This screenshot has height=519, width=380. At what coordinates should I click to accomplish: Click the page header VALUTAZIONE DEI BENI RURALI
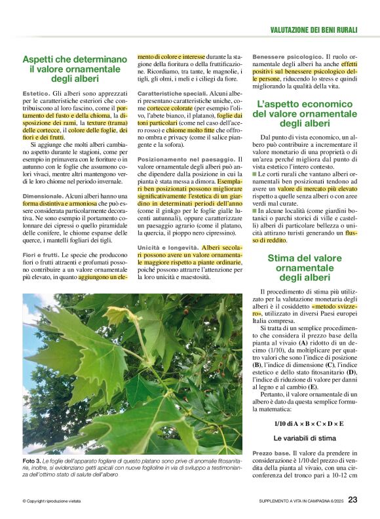coord(313,29)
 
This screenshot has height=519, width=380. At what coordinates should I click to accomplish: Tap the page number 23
coord(352,499)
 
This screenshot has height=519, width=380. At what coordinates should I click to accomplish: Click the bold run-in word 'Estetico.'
coord(36,95)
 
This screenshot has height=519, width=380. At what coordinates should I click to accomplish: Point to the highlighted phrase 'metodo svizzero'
coord(334,306)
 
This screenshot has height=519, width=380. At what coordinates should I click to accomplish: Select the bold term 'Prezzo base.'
coord(271,453)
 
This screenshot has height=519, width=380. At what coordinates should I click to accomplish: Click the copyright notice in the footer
coord(52,501)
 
